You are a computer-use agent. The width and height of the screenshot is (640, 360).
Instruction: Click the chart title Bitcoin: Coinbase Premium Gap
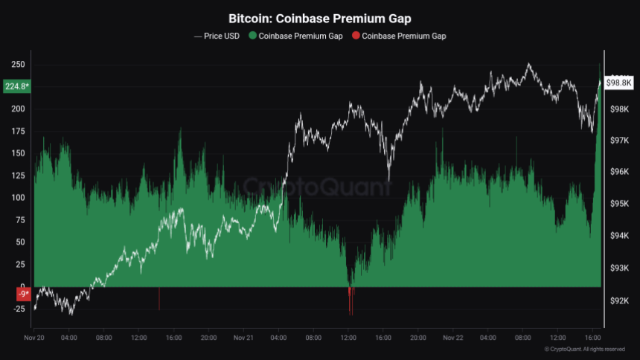click(319, 18)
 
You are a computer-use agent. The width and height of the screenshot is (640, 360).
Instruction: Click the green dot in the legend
click(252, 36)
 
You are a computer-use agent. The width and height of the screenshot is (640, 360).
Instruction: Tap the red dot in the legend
click(356, 36)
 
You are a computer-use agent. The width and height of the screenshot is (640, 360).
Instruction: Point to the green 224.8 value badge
click(16, 86)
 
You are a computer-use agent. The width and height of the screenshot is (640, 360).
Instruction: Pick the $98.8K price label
click(619, 82)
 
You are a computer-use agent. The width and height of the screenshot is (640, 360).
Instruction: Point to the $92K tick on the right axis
click(619, 301)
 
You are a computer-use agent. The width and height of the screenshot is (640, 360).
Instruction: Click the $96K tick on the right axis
click(619, 172)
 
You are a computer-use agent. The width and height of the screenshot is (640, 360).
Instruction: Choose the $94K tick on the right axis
click(619, 237)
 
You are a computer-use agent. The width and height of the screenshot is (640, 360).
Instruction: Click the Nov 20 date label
click(35, 338)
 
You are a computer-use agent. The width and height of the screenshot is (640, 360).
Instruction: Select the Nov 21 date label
click(244, 338)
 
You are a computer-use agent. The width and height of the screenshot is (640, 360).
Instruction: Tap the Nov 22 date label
click(453, 338)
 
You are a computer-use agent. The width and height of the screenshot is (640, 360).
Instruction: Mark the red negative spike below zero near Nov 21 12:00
click(350, 298)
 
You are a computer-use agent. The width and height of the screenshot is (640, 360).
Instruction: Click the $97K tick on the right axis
click(619, 140)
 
